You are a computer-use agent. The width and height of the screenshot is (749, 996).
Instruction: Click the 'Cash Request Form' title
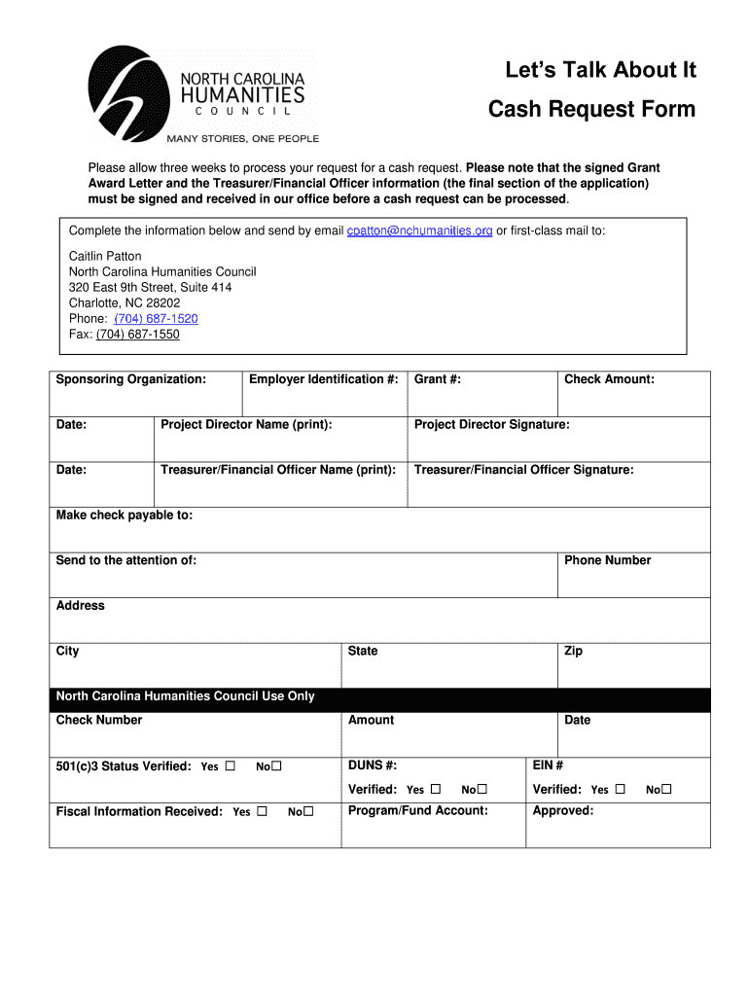(591, 109)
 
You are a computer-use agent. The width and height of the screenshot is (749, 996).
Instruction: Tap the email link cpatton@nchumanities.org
(419, 231)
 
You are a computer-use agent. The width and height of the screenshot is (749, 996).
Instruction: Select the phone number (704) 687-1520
(156, 319)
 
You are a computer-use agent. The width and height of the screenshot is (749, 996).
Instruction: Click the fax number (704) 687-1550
(137, 335)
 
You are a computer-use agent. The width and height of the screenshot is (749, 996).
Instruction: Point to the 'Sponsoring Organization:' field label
(130, 379)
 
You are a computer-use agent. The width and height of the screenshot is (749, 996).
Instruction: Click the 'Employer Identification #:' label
(324, 379)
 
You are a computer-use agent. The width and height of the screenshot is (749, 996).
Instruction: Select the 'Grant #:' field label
(438, 379)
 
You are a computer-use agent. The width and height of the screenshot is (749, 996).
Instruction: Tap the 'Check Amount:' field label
(609, 379)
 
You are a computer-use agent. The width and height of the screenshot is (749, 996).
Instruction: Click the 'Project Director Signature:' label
(492, 425)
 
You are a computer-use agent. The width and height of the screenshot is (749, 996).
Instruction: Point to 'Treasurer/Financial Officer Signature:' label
(523, 470)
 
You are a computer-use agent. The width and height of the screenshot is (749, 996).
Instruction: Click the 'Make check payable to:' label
(125, 516)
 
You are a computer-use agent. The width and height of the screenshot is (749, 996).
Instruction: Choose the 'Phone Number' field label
(607, 560)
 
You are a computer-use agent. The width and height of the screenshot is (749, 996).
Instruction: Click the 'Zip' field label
(573, 651)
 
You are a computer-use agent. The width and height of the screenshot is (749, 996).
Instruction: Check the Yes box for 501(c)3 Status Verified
(231, 766)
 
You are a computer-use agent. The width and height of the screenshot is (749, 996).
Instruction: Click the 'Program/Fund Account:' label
(418, 811)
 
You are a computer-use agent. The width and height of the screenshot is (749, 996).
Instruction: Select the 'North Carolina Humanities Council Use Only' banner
(185, 696)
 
